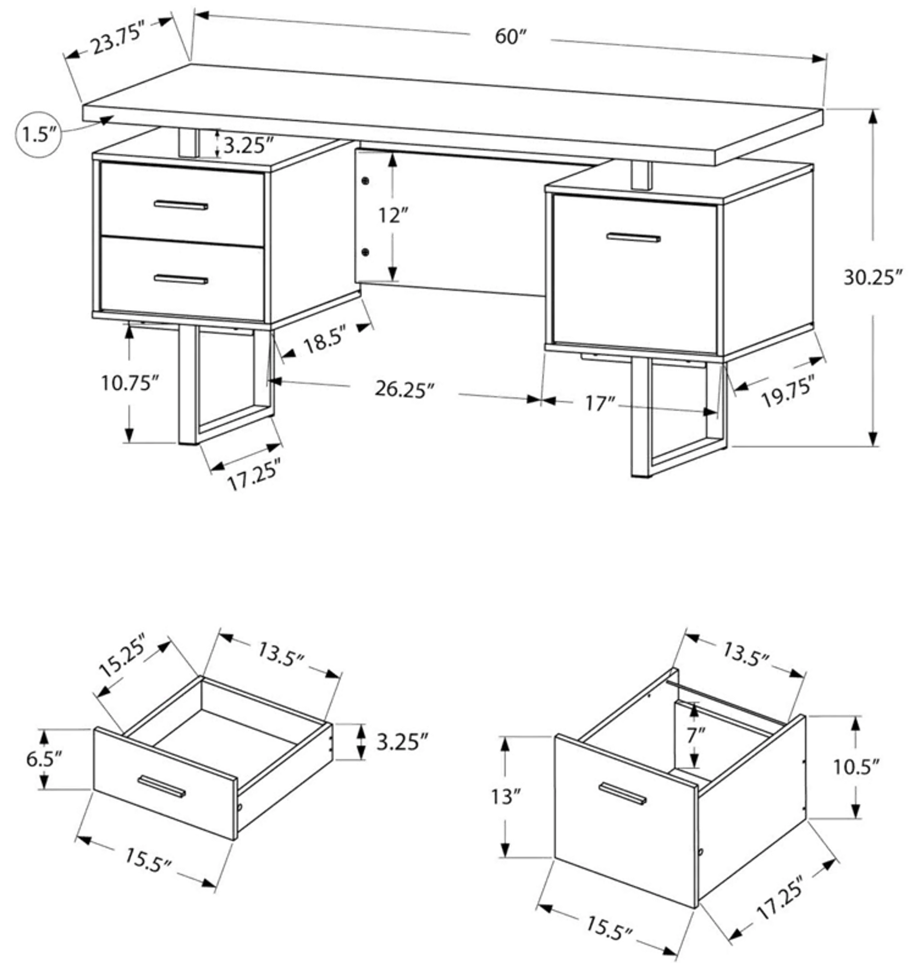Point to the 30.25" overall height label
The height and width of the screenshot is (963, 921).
tap(873, 278)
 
